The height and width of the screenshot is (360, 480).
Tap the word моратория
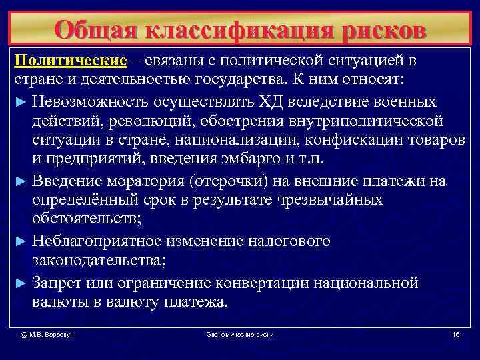coord(140,181)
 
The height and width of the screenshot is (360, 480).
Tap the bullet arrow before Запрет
coord(19,283)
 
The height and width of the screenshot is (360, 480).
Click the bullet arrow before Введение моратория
coord(19,182)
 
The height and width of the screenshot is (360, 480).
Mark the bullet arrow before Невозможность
coord(19,102)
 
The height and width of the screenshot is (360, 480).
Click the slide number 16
coord(455,333)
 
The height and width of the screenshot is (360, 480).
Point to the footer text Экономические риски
coord(241,333)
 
